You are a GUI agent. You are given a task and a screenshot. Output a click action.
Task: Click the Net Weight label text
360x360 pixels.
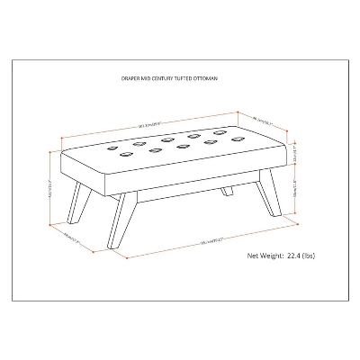tap(266, 256)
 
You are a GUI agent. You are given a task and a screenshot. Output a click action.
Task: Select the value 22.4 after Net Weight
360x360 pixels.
tap(300, 256)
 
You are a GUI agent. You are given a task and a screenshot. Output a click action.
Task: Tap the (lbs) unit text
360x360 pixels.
tap(320, 256)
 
